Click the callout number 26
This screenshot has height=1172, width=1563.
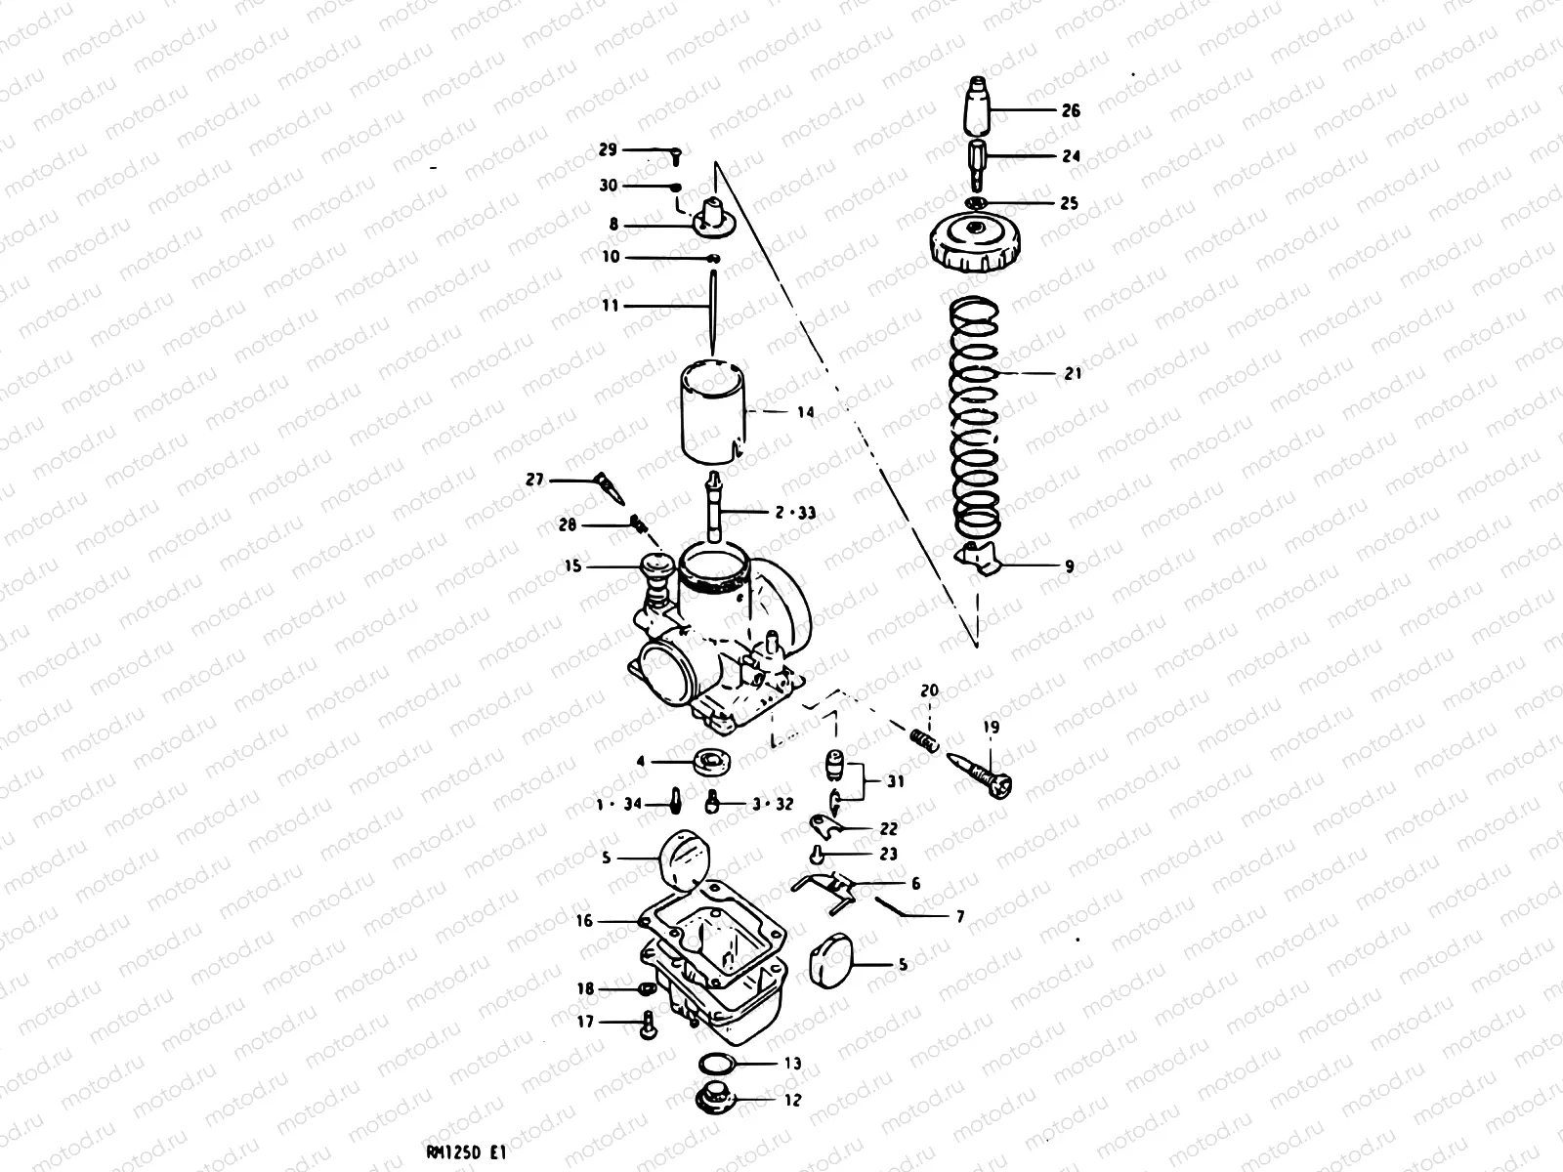(1071, 110)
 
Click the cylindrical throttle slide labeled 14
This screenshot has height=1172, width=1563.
(713, 412)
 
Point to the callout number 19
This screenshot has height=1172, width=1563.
(992, 728)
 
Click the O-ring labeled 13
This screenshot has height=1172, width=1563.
(719, 1063)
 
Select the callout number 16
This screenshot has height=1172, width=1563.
(584, 920)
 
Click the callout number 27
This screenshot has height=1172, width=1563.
(534, 480)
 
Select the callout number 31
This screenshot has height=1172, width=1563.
(895, 781)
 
